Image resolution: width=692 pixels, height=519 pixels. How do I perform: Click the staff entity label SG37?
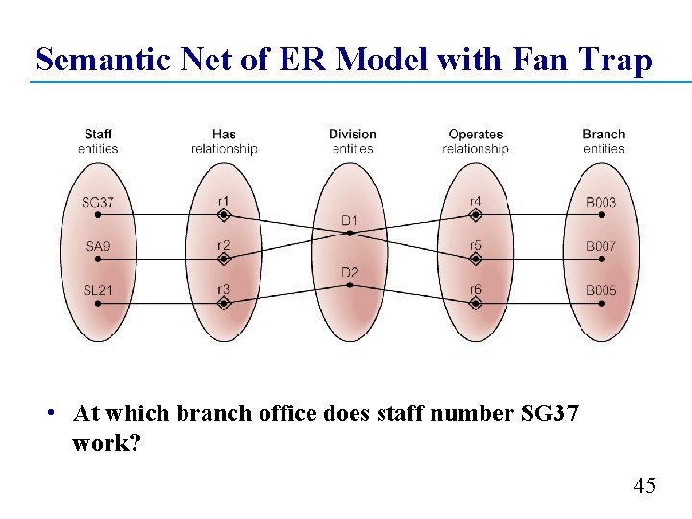(98, 203)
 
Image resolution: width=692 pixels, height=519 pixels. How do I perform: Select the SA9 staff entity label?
(98, 247)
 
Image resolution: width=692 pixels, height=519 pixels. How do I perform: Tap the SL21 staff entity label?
(98, 290)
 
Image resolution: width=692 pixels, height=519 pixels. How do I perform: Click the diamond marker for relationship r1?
(223, 214)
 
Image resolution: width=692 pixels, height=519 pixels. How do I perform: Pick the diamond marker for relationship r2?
(223, 259)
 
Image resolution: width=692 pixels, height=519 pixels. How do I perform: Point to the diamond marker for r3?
(223, 303)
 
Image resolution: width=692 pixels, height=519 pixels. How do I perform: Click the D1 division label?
(350, 221)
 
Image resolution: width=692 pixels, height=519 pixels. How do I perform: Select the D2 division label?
(350, 274)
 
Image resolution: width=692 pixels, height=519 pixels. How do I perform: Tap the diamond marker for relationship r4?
(476, 214)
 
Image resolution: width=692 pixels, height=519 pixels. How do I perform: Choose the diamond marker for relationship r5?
(476, 259)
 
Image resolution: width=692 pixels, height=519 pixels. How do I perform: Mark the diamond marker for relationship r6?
(476, 303)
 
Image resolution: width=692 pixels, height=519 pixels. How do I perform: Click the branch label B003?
(602, 203)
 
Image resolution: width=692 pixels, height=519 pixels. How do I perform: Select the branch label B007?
(602, 247)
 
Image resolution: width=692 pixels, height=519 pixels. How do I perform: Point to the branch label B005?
(602, 290)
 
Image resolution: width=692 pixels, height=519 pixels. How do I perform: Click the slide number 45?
(645, 486)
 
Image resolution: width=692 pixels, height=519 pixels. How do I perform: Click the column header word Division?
(352, 135)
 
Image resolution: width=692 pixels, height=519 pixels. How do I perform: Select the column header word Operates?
(476, 135)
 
